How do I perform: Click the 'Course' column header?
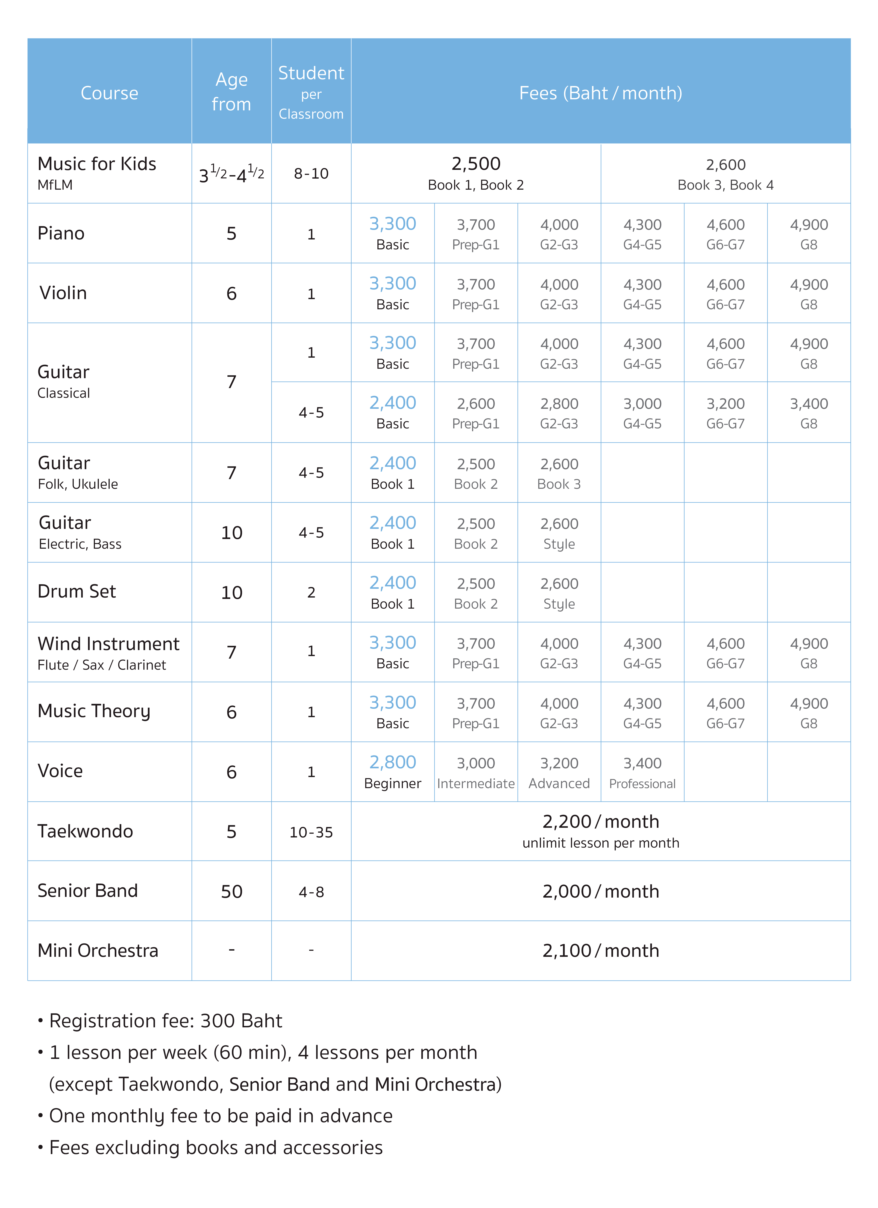tap(109, 93)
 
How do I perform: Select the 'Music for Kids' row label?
tap(97, 164)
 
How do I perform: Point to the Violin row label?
tap(63, 293)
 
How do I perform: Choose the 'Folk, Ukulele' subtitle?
tap(78, 484)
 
